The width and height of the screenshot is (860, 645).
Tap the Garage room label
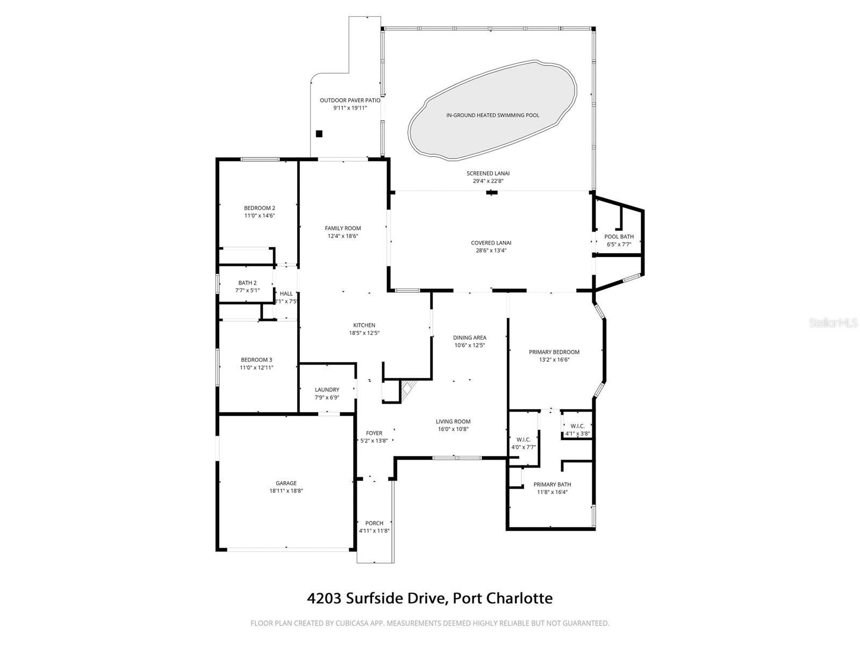tap(286, 483)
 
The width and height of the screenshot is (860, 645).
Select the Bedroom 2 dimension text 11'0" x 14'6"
tap(260, 216)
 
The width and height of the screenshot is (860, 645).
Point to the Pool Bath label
tap(619, 236)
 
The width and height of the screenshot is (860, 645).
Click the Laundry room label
tap(327, 390)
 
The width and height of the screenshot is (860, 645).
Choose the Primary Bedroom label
tap(554, 352)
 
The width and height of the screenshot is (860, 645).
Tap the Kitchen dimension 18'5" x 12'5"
tap(364, 333)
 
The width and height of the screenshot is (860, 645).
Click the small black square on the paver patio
tap(319, 134)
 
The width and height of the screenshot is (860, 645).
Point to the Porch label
tap(374, 523)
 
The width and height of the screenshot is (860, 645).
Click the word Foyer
tap(374, 433)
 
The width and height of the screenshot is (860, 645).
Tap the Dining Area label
tap(469, 338)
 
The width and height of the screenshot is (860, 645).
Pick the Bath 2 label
tap(247, 283)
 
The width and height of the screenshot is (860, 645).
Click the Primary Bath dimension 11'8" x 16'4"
tap(552, 492)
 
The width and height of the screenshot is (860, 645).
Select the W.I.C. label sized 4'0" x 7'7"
tap(523, 440)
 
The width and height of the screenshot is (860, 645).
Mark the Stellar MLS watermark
tap(836, 323)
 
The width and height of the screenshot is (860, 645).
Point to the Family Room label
tap(342, 228)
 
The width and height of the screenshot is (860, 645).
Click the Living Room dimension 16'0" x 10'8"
tap(453, 429)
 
